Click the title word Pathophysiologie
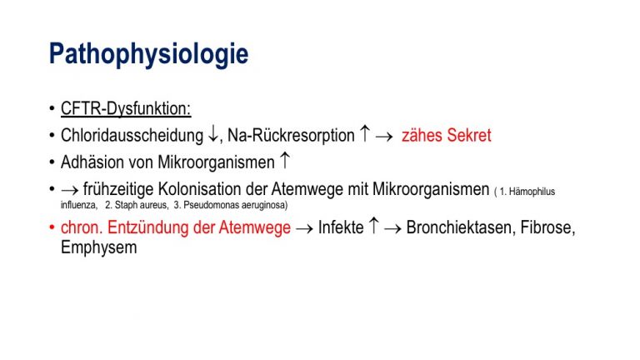pyautogui.click(x=148, y=54)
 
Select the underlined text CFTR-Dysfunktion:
pyautogui.click(x=126, y=109)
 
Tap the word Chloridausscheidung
pyautogui.click(x=132, y=136)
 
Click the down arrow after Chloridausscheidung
pyautogui.click(x=213, y=134)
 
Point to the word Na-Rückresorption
pyautogui.click(x=291, y=136)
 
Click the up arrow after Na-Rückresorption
pyautogui.click(x=364, y=133)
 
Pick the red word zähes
pyautogui.click(x=422, y=136)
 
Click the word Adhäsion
pyautogui.click(x=92, y=162)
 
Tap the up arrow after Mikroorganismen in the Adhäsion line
pyautogui.click(x=285, y=160)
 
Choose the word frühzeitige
pyautogui.click(x=118, y=189)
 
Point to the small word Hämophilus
pyautogui.click(x=532, y=192)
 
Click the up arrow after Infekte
pyautogui.click(x=373, y=226)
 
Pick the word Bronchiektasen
pyautogui.click(x=459, y=227)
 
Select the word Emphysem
pyautogui.click(x=99, y=247)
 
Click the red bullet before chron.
pyautogui.click(x=52, y=227)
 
